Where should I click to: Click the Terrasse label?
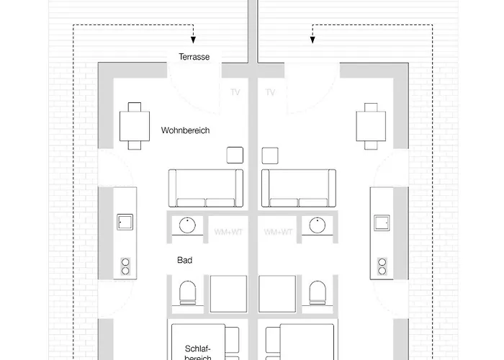click(194, 57)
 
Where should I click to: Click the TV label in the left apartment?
click(235, 93)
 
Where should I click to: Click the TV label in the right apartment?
click(271, 93)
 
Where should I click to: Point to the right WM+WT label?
click(279, 232)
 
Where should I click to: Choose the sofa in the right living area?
click(298, 188)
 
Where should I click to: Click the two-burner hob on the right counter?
click(379, 266)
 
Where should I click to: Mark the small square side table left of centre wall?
click(234, 155)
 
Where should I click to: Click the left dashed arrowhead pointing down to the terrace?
click(192, 39)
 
